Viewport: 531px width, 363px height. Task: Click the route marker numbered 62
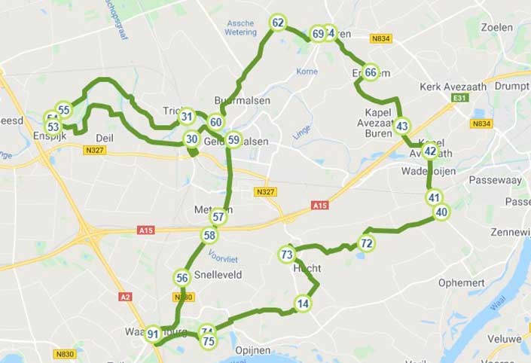pyautogui.click(x=278, y=23)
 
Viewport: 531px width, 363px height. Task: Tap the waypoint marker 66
pyautogui.click(x=371, y=73)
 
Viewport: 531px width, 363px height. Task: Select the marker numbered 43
pyautogui.click(x=402, y=126)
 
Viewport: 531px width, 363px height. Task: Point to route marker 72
pyautogui.click(x=366, y=243)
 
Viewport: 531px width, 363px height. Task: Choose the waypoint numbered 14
pyautogui.click(x=303, y=304)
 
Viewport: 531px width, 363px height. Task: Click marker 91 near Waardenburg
pyautogui.click(x=153, y=334)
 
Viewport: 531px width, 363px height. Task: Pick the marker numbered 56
pyautogui.click(x=182, y=278)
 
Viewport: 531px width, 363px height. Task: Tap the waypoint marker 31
pyautogui.click(x=187, y=117)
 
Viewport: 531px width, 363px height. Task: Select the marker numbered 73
pyautogui.click(x=286, y=255)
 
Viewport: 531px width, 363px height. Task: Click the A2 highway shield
pyautogui.click(x=125, y=297)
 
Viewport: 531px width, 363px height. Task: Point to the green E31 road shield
pyautogui.click(x=460, y=98)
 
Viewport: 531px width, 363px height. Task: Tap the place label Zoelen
pyautogui.click(x=496, y=28)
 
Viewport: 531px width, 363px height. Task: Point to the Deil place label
pyautogui.click(x=104, y=138)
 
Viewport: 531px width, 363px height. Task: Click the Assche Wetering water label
pyautogui.click(x=241, y=28)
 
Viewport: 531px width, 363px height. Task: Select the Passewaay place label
pyautogui.click(x=494, y=181)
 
